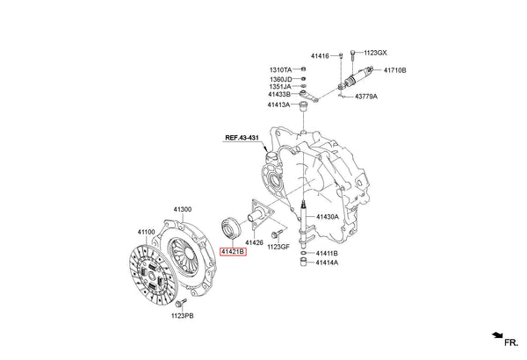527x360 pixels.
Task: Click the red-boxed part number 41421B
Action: (233, 251)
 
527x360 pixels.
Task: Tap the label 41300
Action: (183, 208)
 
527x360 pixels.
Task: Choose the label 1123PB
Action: (182, 314)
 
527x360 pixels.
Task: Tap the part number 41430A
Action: (328, 217)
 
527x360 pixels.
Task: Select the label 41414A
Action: (327, 263)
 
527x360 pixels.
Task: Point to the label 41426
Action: (255, 241)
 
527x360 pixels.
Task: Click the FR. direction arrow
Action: (499, 335)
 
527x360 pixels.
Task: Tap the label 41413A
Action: (279, 104)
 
